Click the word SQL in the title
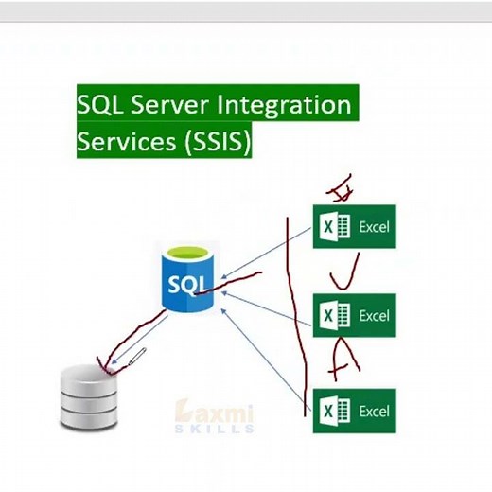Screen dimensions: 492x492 [101, 103]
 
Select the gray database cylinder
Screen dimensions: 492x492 [85, 397]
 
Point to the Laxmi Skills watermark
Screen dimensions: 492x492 [215, 416]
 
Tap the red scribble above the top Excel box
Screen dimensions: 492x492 [339, 186]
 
